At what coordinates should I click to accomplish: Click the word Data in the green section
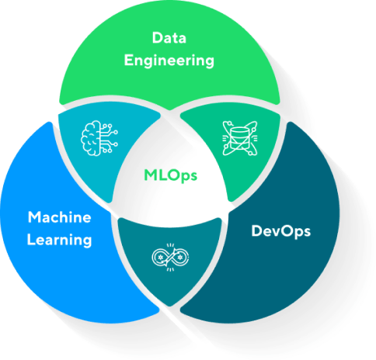(169, 38)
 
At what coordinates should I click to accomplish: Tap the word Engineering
(169, 61)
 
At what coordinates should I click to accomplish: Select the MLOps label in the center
(170, 175)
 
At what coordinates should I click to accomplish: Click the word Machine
(60, 217)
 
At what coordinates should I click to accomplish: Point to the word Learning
(60, 240)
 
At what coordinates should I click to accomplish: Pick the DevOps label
(281, 231)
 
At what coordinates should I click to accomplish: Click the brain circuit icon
(99, 138)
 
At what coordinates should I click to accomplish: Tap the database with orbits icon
(240, 138)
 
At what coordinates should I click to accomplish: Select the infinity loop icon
(170, 258)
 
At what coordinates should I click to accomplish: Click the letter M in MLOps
(150, 175)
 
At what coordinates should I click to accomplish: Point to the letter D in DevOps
(256, 230)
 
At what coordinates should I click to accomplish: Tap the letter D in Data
(157, 38)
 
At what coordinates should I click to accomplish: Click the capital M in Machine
(34, 217)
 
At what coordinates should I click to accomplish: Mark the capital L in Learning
(31, 239)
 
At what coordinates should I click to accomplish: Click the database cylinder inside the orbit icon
(240, 138)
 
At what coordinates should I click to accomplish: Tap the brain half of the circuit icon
(90, 138)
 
